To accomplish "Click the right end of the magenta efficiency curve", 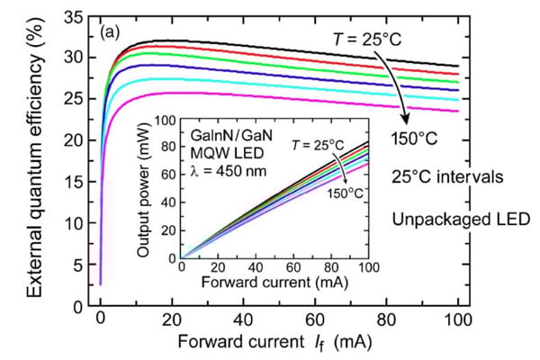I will (x=456, y=112).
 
